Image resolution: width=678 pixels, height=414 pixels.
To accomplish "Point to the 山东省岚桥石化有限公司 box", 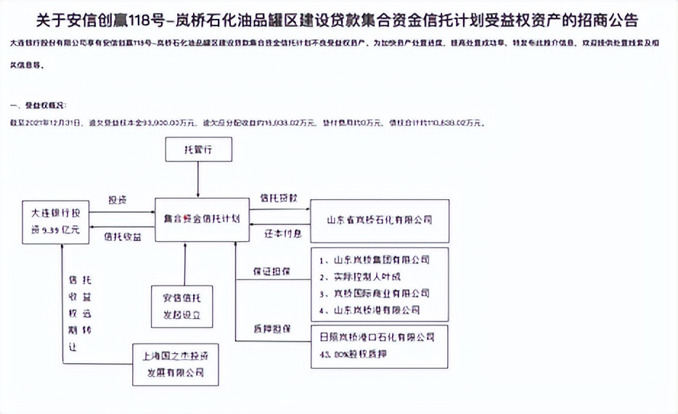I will [379, 219].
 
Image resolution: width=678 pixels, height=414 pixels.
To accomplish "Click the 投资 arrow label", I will [118, 200].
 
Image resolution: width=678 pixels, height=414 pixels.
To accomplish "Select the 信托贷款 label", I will [278, 198].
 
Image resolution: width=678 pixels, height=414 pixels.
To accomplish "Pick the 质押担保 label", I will [272, 328].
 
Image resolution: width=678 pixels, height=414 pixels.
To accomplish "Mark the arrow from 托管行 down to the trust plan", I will [198, 179].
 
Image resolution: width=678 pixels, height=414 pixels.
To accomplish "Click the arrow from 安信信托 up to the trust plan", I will [186, 261].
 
